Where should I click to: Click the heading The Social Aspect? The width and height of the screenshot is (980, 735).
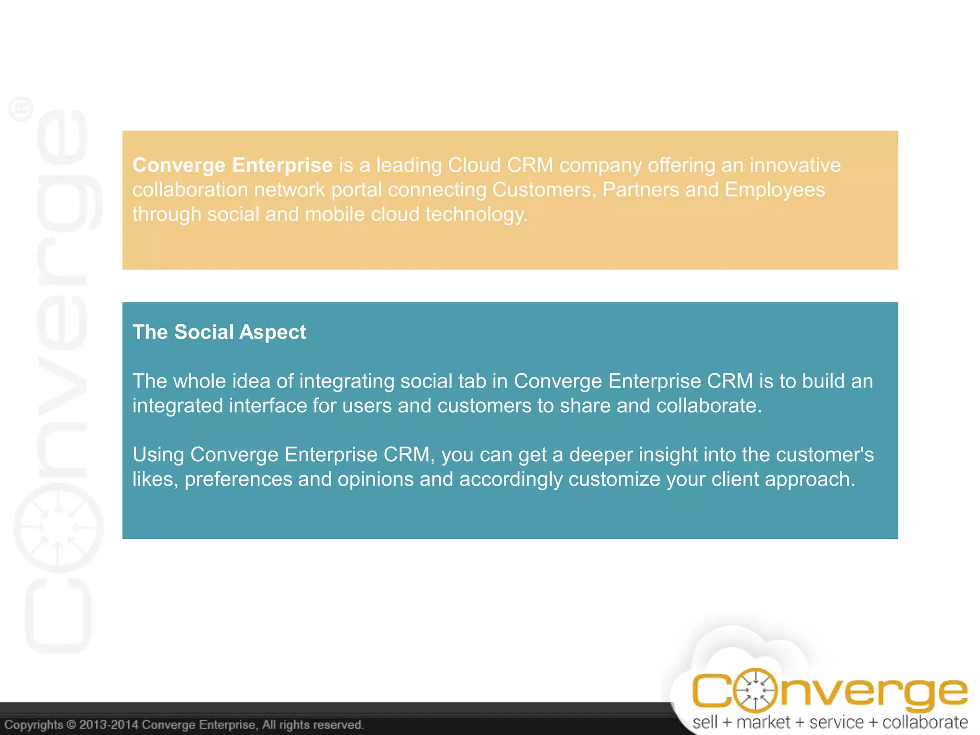(219, 332)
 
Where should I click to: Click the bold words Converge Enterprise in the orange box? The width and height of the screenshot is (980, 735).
(233, 165)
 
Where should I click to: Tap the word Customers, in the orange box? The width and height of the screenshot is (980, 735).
(544, 190)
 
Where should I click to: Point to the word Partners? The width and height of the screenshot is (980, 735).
(640, 190)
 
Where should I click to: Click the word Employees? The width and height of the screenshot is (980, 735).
(775, 190)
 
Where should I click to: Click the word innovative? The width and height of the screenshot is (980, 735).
(795, 165)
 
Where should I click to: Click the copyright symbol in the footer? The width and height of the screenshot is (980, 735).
(71, 724)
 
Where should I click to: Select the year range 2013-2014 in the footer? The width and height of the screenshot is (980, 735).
(109, 724)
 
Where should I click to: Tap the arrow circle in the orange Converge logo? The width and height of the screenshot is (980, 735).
(755, 690)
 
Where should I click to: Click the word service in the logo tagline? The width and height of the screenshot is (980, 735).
(836, 722)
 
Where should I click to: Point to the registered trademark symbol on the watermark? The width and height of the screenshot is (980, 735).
(22, 109)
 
